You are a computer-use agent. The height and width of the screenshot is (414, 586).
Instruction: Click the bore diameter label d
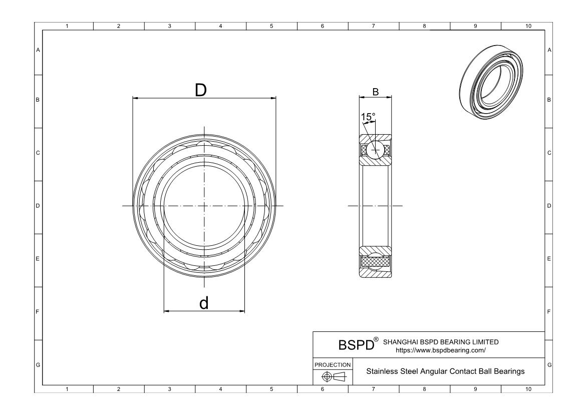pyautogui.click(x=204, y=303)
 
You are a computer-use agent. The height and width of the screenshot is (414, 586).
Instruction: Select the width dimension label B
pyautogui.click(x=375, y=91)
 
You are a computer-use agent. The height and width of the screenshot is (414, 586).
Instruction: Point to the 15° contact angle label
pyautogui.click(x=368, y=117)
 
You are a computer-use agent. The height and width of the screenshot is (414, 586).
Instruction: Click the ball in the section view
pyautogui.click(x=375, y=150)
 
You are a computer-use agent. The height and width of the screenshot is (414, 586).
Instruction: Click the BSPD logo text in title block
pyautogui.click(x=357, y=345)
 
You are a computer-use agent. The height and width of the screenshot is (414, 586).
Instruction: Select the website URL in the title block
pyautogui.click(x=441, y=350)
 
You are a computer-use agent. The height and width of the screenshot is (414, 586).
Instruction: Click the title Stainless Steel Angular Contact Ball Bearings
pyautogui.click(x=445, y=371)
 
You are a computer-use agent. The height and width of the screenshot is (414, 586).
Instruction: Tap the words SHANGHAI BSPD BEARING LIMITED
pyautogui.click(x=441, y=342)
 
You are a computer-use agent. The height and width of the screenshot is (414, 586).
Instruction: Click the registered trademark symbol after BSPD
pyautogui.click(x=377, y=340)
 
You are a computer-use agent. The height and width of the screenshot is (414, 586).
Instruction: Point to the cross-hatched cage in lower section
pyautogui.click(x=375, y=261)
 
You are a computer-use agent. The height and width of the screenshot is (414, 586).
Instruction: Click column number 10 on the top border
pyautogui.click(x=527, y=26)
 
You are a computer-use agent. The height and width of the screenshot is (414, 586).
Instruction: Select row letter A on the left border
pyautogui.click(x=38, y=50)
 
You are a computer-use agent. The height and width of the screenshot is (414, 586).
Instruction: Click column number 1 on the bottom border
pyautogui.click(x=68, y=389)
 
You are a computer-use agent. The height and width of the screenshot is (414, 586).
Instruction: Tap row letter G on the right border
pyautogui.click(x=549, y=364)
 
